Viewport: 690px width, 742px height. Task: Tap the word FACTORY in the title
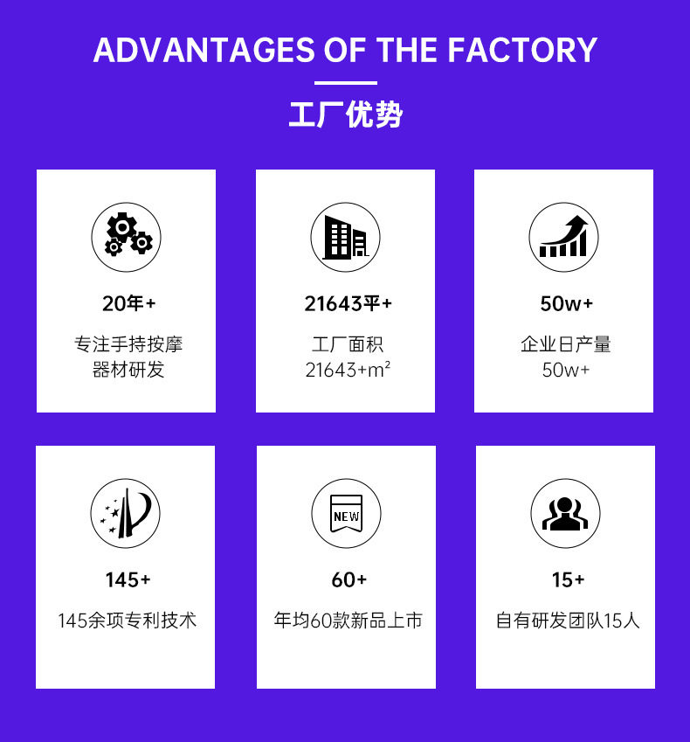524,50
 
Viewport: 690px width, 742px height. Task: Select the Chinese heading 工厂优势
345,114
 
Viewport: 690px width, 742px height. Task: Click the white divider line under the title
345,83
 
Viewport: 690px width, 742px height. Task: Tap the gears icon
127,237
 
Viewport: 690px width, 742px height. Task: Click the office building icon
345,237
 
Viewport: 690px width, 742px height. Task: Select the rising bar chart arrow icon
563,237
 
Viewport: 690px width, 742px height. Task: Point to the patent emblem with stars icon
126,513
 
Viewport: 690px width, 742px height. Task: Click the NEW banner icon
346,513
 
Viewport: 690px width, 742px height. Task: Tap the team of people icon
565,513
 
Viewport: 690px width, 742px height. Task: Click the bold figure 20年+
128,304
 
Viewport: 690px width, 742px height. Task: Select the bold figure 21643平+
348,304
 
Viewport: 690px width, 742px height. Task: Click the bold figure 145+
128,579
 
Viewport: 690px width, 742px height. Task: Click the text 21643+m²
348,370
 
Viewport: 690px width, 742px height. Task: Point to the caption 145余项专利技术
128,621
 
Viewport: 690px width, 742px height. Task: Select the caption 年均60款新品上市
348,621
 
